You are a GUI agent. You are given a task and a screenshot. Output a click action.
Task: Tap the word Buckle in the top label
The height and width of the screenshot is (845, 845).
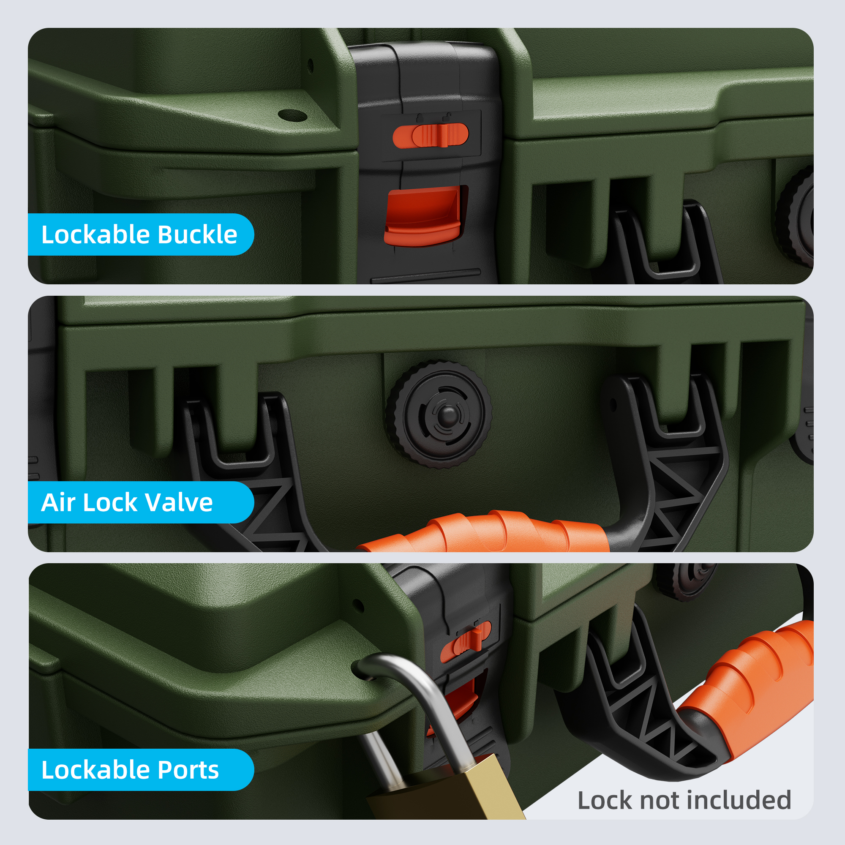(x=197, y=234)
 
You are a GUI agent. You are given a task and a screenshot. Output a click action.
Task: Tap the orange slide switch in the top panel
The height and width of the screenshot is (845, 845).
(x=431, y=135)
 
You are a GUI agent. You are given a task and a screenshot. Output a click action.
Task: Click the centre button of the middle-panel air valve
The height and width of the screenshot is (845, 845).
(x=447, y=414)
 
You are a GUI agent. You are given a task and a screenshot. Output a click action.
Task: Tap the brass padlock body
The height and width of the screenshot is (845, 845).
(x=446, y=792)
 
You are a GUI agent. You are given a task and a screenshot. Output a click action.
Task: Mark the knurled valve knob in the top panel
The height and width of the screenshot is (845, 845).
(x=795, y=216)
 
